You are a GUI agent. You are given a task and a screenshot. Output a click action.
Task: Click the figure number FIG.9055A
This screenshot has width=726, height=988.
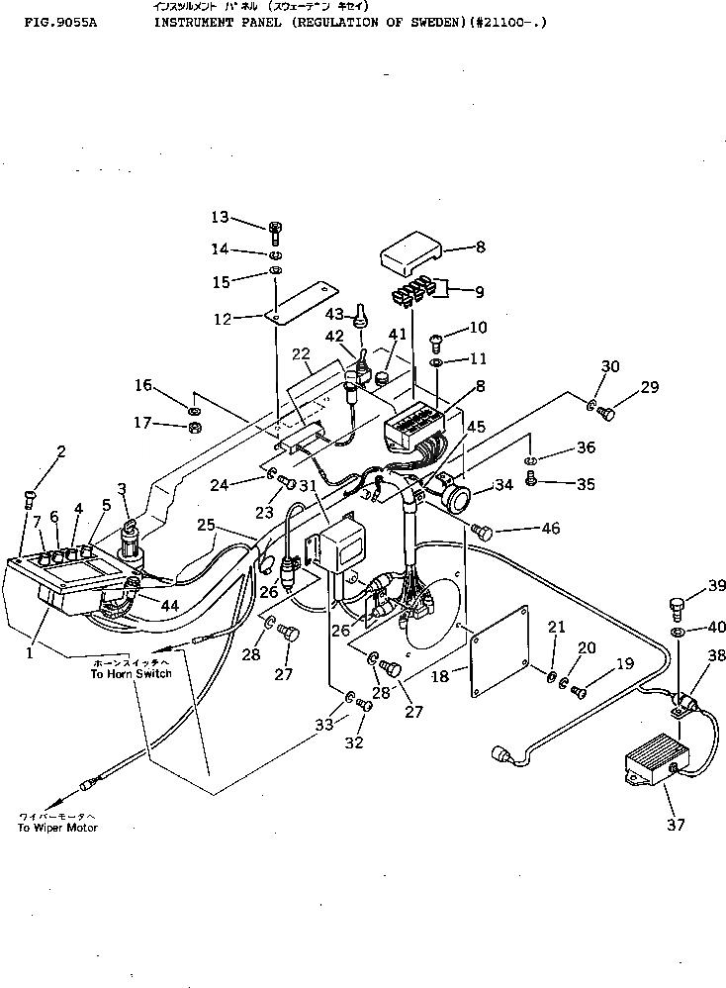[57, 20]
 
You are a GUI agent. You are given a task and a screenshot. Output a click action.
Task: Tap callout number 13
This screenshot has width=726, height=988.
[220, 217]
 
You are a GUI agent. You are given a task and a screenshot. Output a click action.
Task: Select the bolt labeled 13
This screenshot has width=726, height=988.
[275, 232]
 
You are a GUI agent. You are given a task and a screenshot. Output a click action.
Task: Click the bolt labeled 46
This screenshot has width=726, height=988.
[483, 532]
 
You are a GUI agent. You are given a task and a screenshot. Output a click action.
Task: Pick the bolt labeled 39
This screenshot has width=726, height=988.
[677, 605]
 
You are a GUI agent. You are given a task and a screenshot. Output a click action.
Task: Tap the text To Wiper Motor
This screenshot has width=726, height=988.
[57, 828]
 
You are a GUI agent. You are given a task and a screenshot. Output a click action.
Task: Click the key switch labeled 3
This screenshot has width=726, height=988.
[131, 534]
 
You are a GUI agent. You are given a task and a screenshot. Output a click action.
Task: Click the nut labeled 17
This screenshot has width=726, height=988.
[196, 427]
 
